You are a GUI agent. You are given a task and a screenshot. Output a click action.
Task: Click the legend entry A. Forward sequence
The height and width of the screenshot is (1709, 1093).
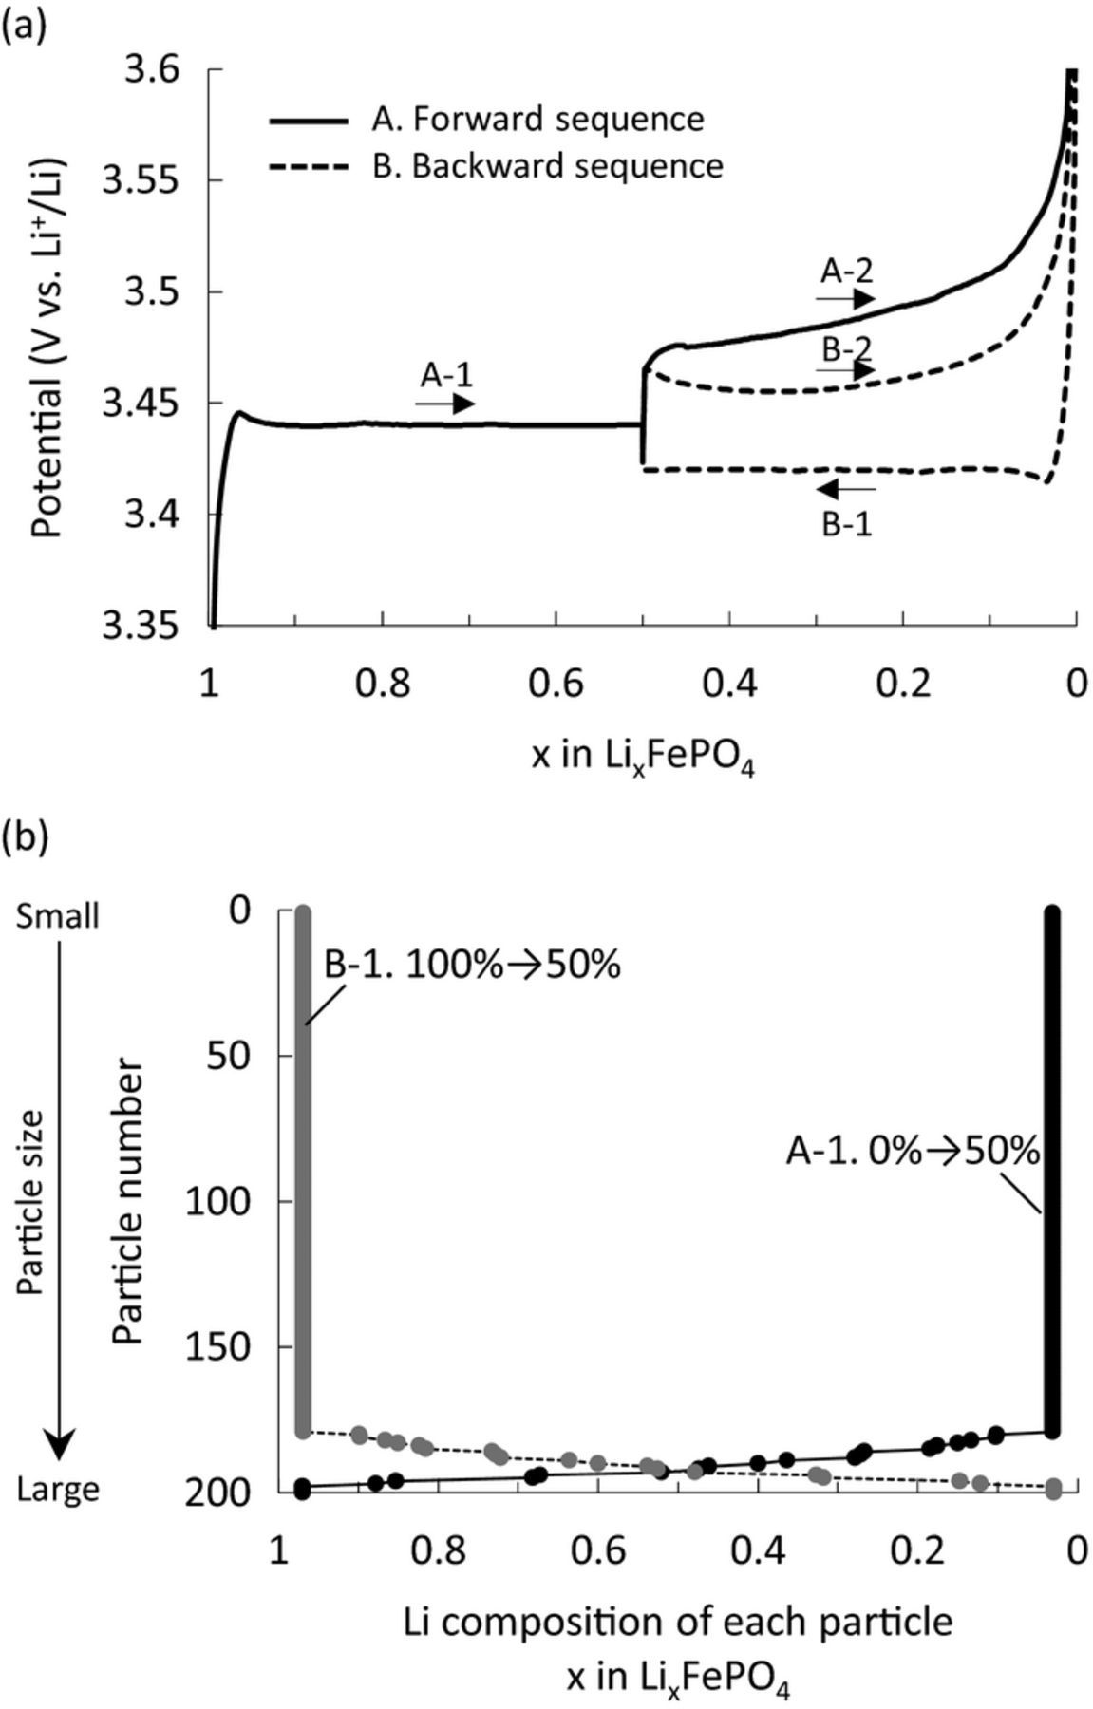point(537,120)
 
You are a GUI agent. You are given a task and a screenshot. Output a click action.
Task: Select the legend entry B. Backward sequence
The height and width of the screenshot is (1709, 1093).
point(547,166)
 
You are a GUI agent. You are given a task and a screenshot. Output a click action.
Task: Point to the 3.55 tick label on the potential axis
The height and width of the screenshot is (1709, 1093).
point(141,180)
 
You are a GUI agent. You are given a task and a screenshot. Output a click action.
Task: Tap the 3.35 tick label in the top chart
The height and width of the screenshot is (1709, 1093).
point(141,627)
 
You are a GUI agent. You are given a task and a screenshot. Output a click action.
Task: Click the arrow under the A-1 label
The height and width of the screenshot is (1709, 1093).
point(444,404)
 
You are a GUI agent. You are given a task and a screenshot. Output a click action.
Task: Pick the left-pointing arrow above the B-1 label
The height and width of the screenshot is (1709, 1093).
point(845,489)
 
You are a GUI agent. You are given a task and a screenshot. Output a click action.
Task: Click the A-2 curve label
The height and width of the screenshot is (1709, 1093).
point(846,272)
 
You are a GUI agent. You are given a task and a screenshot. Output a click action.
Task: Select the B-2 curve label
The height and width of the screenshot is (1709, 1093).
point(846,348)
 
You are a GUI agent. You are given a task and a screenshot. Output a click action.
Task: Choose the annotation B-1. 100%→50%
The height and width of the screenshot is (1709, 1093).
point(472,965)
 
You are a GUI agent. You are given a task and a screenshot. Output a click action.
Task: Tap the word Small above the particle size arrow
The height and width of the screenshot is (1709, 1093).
point(58,917)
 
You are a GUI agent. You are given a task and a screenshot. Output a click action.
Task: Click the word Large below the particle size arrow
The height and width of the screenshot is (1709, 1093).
point(58,1490)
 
